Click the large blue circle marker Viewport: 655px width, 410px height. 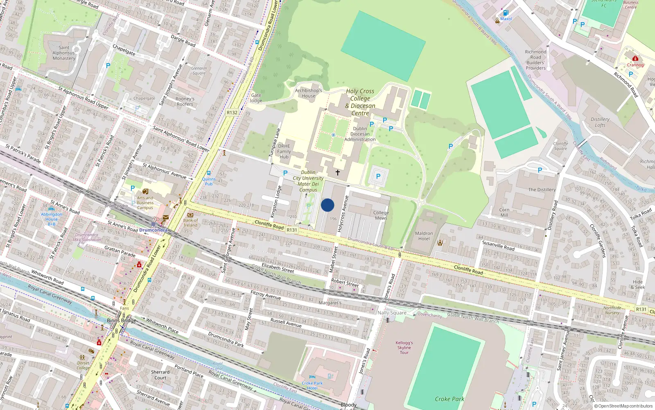click(x=327, y=205)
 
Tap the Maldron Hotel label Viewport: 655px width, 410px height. click(x=424, y=236)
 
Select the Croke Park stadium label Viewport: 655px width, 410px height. click(x=449, y=399)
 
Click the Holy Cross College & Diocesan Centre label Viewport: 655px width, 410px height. click(x=360, y=102)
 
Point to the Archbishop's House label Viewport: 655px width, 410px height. click(x=309, y=93)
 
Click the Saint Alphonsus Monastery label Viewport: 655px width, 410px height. click(x=64, y=53)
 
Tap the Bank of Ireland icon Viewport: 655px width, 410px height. click(x=190, y=215)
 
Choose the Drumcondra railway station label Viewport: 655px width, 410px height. click(x=153, y=230)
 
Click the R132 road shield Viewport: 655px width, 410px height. click(x=232, y=112)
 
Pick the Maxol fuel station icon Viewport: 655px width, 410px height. click(x=506, y=13)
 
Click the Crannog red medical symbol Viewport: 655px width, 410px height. click(x=635, y=59)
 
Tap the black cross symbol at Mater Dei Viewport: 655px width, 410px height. click(x=338, y=173)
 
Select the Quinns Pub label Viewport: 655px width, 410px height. click(x=208, y=181)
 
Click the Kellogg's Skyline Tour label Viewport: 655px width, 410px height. click(x=404, y=347)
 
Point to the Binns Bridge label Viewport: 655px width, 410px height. click(x=121, y=320)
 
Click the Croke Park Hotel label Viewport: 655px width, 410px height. click(x=312, y=385)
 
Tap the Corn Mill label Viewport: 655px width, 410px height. click(x=504, y=212)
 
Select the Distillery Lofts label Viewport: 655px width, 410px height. click(x=600, y=122)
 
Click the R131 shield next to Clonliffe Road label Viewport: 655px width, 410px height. click(x=291, y=230)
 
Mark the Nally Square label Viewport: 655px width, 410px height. click(x=392, y=312)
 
